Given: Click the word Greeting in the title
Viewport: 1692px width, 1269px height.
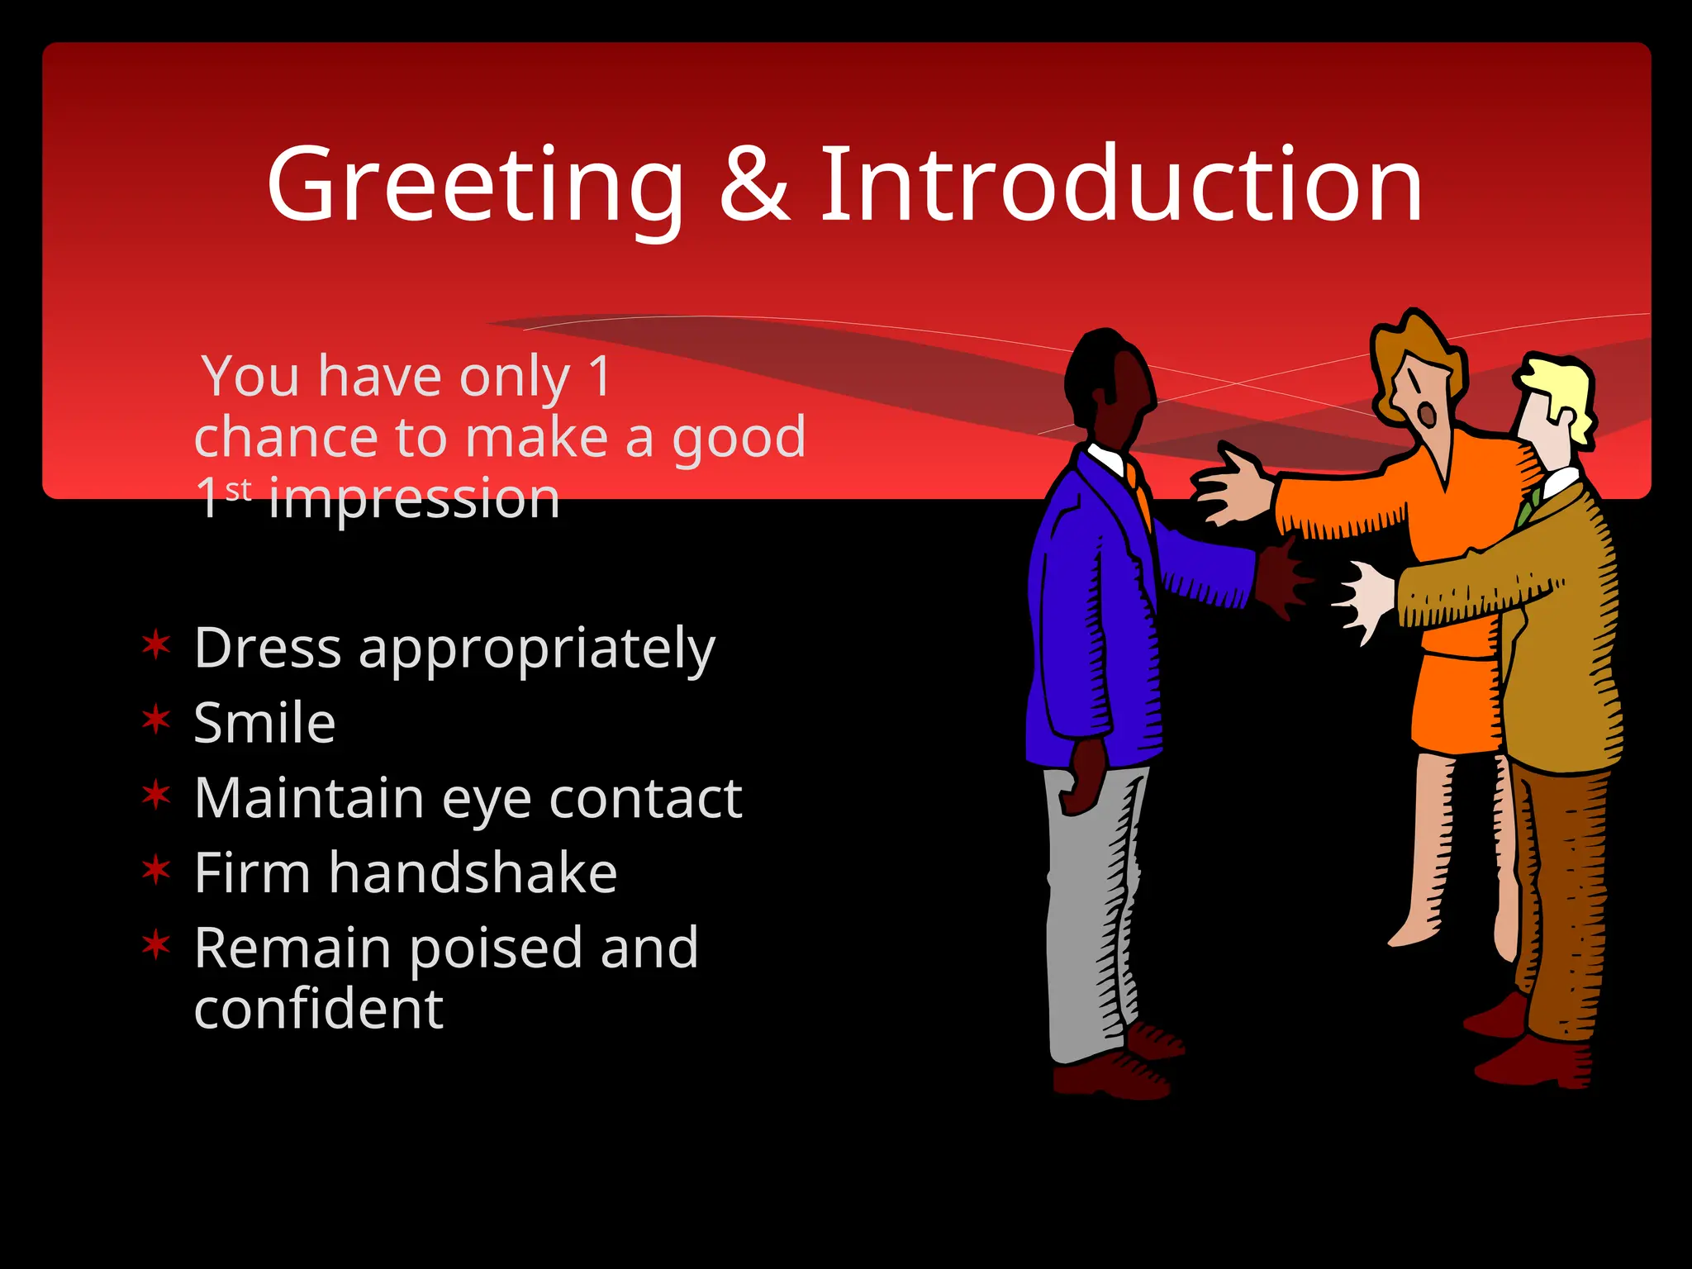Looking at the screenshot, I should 475,185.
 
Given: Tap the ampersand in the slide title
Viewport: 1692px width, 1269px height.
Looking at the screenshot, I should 753,185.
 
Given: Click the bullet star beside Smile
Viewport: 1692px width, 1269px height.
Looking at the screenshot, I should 156,720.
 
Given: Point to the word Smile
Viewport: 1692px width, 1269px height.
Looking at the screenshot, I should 264,723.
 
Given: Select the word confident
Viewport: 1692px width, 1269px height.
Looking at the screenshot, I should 319,1009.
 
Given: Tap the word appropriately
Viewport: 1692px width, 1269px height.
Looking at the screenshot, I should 537,649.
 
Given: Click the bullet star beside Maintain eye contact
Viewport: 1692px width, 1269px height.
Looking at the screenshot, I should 156,795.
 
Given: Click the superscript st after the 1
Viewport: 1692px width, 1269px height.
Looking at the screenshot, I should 239,490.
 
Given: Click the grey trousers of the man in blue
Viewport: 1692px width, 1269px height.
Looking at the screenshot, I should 1091,909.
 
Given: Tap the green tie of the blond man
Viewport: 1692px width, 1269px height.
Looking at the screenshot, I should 1527,509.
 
